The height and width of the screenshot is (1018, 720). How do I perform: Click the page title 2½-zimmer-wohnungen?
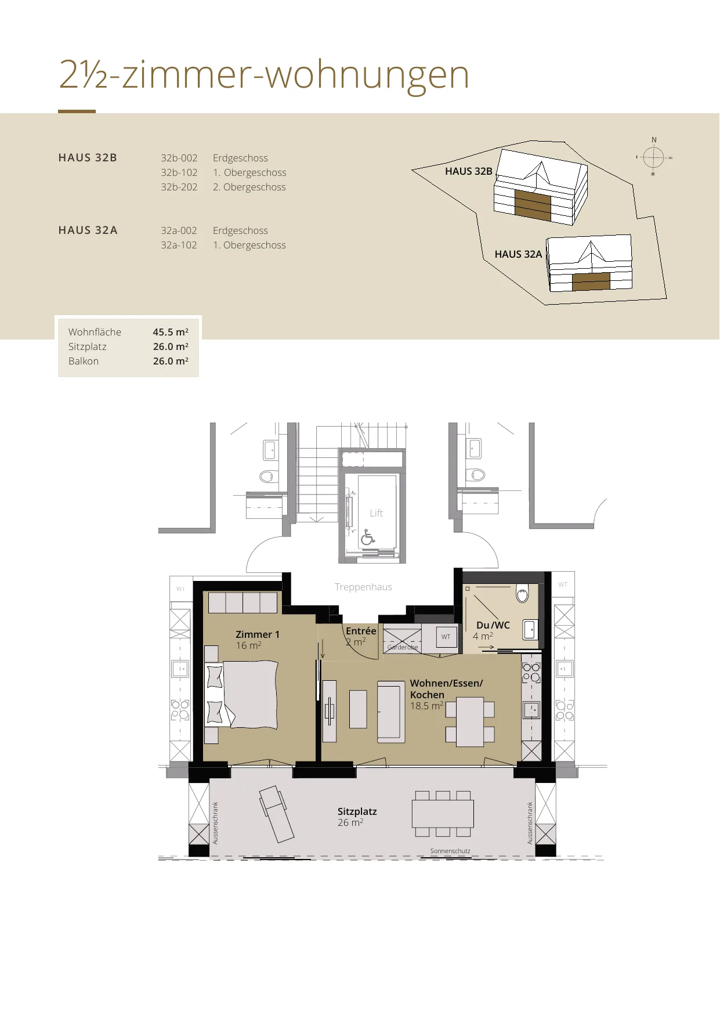tap(264, 75)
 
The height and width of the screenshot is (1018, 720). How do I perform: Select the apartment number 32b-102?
tap(179, 172)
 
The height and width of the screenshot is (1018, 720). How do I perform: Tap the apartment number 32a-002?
tap(179, 230)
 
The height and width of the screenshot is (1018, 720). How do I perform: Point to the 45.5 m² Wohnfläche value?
tap(171, 332)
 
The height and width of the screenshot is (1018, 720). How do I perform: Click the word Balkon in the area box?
tap(84, 361)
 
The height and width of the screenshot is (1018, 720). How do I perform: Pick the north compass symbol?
tap(654, 156)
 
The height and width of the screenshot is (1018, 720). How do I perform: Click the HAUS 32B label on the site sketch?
tap(468, 171)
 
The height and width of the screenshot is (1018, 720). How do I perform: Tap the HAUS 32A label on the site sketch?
tap(518, 254)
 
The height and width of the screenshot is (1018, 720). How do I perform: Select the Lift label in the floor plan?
tap(377, 513)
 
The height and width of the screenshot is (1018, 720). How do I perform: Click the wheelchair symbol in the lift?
tap(367, 537)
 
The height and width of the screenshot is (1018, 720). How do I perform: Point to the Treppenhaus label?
tap(363, 587)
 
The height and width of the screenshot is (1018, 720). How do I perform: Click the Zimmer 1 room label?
tap(258, 634)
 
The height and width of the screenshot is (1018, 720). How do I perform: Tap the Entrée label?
tap(361, 631)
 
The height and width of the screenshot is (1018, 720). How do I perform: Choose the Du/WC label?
tap(493, 625)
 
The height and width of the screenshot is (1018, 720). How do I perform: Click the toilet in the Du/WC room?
tap(522, 593)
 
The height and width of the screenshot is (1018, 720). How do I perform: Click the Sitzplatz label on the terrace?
tap(357, 811)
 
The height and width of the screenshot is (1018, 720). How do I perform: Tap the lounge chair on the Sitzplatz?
tap(277, 814)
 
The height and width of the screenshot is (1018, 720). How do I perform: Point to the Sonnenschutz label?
tap(450, 851)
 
